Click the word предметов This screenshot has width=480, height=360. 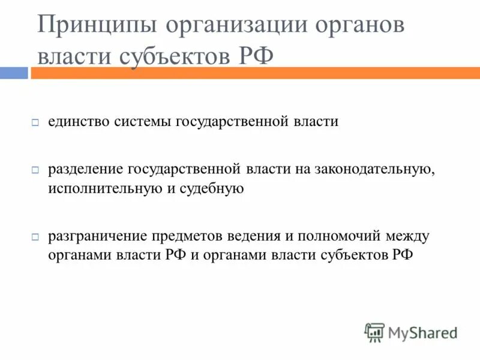click(x=184, y=236)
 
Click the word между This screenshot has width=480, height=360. click(x=408, y=236)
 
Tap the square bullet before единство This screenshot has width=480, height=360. click(x=35, y=122)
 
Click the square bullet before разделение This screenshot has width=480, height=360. click(x=35, y=170)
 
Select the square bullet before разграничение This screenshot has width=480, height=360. click(x=35, y=236)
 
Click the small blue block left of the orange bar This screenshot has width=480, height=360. click(x=13, y=73)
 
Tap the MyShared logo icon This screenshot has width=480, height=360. click(x=374, y=332)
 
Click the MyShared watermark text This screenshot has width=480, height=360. click(x=423, y=332)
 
